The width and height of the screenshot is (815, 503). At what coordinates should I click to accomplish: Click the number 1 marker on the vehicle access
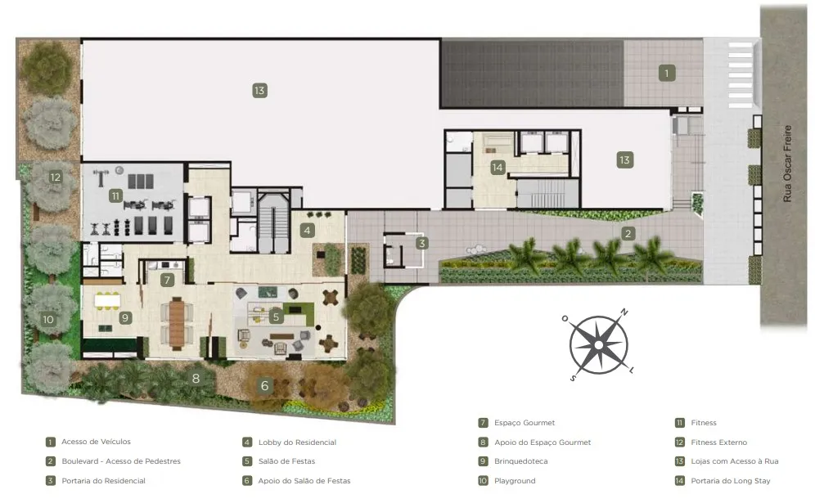pyautogui.click(x=666, y=74)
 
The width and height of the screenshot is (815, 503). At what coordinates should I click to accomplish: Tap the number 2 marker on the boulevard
pyautogui.click(x=628, y=234)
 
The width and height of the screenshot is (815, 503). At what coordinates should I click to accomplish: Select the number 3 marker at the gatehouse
pyautogui.click(x=421, y=243)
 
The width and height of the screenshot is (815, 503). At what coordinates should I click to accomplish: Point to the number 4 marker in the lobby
pyautogui.click(x=307, y=230)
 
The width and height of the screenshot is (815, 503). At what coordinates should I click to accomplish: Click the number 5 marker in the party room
pyautogui.click(x=276, y=316)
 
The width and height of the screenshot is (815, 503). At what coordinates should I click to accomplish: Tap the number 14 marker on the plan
pyautogui.click(x=498, y=168)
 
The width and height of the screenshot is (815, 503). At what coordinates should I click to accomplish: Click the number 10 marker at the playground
pyautogui.click(x=48, y=319)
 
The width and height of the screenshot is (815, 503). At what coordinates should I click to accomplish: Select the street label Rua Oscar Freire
pyautogui.click(x=787, y=164)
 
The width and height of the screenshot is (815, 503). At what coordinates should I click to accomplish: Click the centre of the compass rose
pyautogui.click(x=599, y=345)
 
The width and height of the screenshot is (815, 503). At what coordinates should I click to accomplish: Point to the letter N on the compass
pyautogui.click(x=624, y=312)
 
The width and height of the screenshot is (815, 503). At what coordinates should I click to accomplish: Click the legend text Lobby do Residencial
pyautogui.click(x=297, y=442)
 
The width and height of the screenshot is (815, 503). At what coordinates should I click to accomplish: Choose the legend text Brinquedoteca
pyautogui.click(x=520, y=461)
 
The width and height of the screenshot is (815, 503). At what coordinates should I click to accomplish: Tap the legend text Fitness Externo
pyautogui.click(x=718, y=442)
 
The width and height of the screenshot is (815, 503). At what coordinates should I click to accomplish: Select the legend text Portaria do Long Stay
pyautogui.click(x=730, y=481)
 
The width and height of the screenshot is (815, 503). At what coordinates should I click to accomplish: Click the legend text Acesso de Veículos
pyautogui.click(x=97, y=442)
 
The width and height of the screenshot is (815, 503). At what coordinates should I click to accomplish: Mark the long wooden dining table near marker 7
pyautogui.click(x=177, y=323)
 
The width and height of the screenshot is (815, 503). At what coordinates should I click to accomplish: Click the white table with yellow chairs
pyautogui.click(x=107, y=300)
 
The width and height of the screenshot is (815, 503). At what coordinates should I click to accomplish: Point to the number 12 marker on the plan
pyautogui.click(x=55, y=177)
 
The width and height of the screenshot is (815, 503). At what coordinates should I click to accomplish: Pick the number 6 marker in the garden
pyautogui.click(x=264, y=385)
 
